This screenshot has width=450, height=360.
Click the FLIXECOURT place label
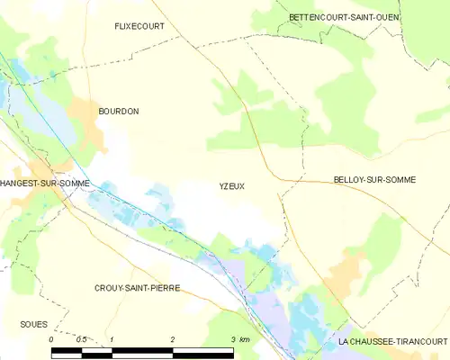(x=139, y=27)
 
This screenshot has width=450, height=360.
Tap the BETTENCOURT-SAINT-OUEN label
(x=344, y=17)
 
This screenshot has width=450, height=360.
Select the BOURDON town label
(x=119, y=111)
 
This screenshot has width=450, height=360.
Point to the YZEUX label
(x=231, y=186)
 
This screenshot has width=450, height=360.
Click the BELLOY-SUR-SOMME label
(x=373, y=180)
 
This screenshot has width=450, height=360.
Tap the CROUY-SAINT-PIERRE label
(x=137, y=288)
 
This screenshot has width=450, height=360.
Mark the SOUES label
(x=33, y=323)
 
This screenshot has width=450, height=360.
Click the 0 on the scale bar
(x=51, y=338)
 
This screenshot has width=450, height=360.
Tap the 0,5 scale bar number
(x=81, y=338)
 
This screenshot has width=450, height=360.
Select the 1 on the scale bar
(x=111, y=338)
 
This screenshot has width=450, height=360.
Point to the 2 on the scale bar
(x=171, y=338)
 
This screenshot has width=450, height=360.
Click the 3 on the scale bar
(x=232, y=338)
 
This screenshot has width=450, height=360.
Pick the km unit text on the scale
(x=245, y=338)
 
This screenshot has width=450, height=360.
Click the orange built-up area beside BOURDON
(x=88, y=112)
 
